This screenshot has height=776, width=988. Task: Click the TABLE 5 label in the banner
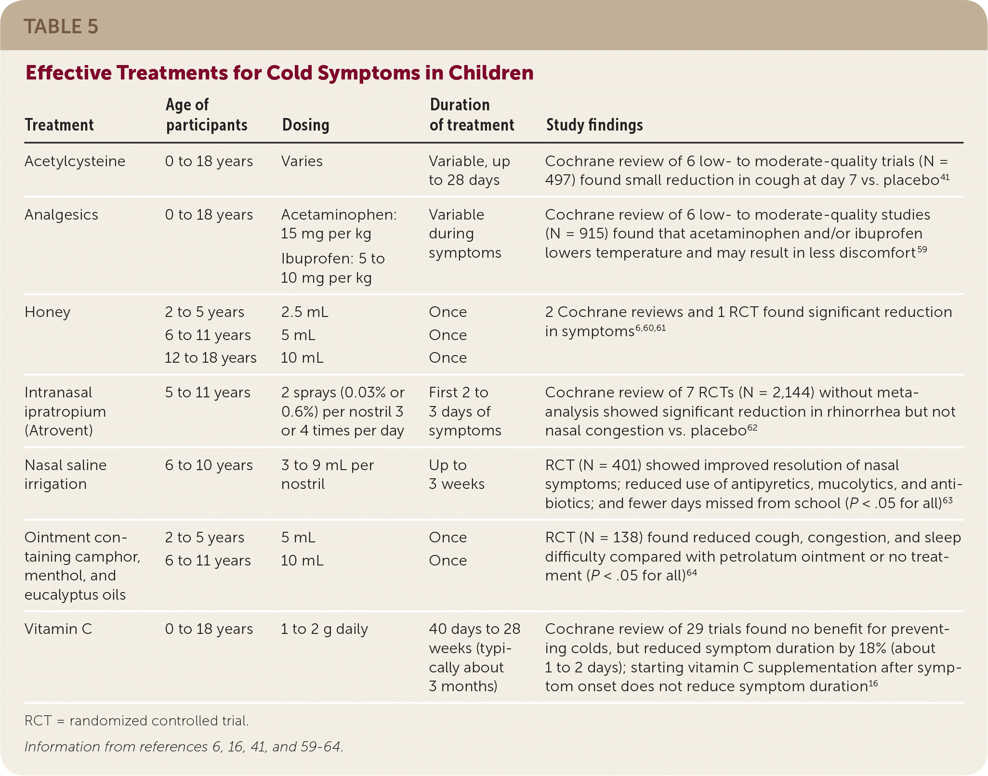click(x=61, y=26)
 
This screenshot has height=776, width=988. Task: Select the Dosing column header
click(x=305, y=125)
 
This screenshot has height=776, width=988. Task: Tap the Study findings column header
click(x=594, y=125)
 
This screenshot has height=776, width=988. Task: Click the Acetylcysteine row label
click(x=75, y=161)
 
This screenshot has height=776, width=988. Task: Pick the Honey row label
click(x=47, y=312)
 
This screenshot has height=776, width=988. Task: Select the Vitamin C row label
click(x=58, y=629)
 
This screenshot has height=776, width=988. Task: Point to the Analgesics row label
click(x=61, y=215)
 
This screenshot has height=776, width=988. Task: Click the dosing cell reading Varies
click(x=302, y=161)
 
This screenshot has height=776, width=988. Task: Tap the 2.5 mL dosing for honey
click(x=304, y=312)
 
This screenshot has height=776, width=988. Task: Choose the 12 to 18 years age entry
click(x=211, y=358)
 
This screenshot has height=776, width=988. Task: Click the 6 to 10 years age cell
click(x=209, y=465)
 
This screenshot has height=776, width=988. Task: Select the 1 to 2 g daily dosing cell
click(x=324, y=629)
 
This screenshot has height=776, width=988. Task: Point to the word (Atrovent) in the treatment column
click(x=58, y=430)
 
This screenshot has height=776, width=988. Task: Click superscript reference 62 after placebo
click(x=752, y=427)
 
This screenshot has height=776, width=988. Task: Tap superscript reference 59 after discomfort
click(x=922, y=249)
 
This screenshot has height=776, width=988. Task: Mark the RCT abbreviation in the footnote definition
click(x=38, y=721)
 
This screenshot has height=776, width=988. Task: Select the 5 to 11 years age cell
click(x=208, y=393)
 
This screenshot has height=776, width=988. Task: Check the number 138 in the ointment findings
click(x=626, y=538)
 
